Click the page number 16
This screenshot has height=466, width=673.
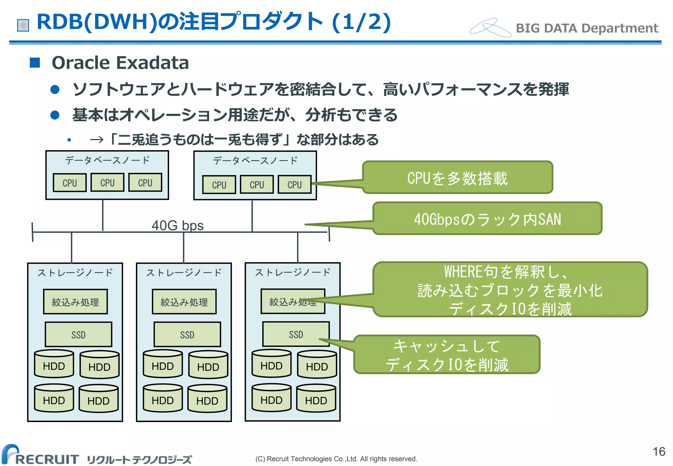point(659,452)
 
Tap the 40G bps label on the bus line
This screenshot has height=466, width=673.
point(177,225)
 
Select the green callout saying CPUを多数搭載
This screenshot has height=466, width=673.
point(457,177)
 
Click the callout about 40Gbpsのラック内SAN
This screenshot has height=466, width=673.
point(487,219)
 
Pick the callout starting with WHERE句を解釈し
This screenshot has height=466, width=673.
point(510,290)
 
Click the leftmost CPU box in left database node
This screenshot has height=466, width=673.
point(70,183)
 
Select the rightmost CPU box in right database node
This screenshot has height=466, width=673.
point(294,185)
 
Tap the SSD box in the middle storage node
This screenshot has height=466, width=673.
point(187,335)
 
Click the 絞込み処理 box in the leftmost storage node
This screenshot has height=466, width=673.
point(75,302)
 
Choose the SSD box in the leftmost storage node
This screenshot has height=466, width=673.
point(78,335)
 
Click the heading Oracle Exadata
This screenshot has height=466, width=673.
point(120,63)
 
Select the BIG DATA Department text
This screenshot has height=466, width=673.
point(587,28)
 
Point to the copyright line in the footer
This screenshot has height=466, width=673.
point(336,459)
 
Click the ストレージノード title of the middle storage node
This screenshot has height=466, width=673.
point(184,272)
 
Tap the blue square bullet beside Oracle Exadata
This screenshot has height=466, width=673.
point(35,62)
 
